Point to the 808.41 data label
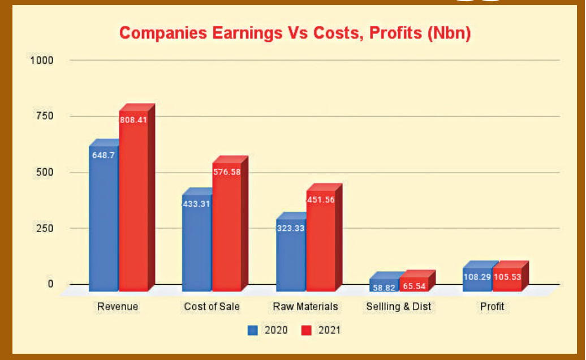tap(133, 120)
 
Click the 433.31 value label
tap(196, 203)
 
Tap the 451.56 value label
tap(320, 199)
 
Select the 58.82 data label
tap(385, 288)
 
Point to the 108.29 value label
tap(477, 278)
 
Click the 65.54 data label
tap(413, 287)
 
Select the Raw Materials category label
tap(305, 307)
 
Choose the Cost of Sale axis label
tap(212, 307)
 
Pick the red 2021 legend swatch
tap(306, 330)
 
